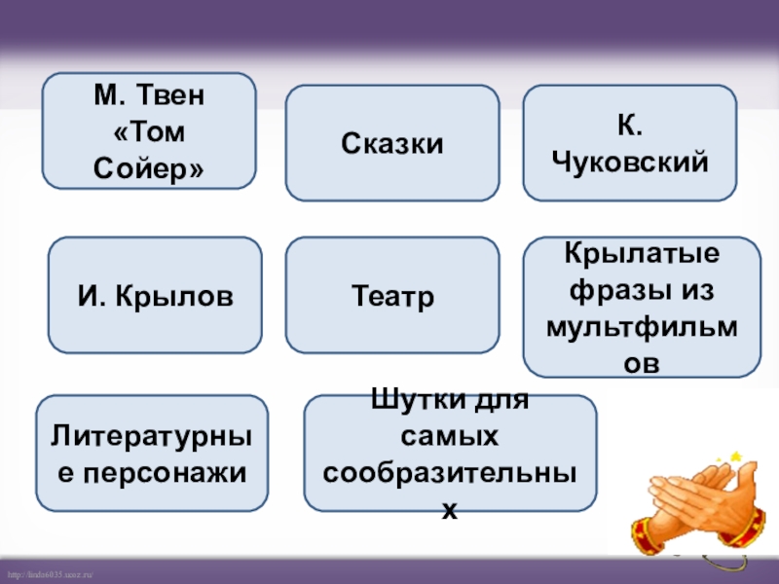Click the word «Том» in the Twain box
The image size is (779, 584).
(x=149, y=131)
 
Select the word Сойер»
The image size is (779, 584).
(x=149, y=166)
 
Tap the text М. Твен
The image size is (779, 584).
(x=149, y=96)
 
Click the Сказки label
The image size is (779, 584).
(x=392, y=144)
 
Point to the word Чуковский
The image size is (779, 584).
(x=629, y=162)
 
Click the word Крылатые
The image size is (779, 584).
(x=643, y=254)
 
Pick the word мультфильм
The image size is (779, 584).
(x=633, y=325)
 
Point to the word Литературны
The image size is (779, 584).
(x=155, y=437)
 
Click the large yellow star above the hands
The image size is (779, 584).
(x=736, y=455)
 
